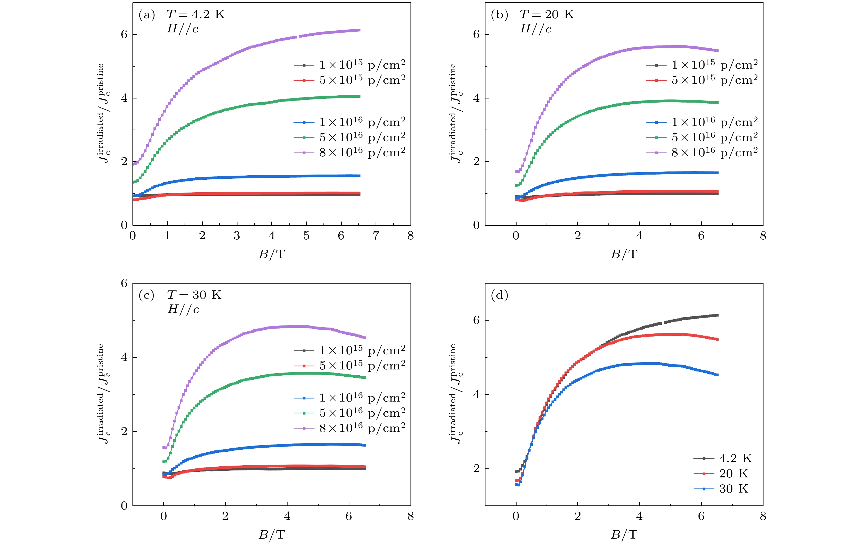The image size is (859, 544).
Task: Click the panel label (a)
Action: pyautogui.click(x=147, y=15)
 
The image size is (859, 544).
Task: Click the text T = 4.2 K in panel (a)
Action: pyautogui.click(x=195, y=14)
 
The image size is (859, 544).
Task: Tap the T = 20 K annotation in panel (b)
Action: pyautogui.click(x=547, y=14)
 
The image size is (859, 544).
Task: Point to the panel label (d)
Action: pyautogui.click(x=499, y=295)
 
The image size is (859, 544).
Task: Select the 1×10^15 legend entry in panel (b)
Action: pyautogui.click(x=702, y=65)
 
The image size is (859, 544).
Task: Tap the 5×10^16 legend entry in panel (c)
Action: pyautogui.click(x=350, y=413)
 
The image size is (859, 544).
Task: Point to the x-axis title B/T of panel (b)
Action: pyautogui.click(x=624, y=254)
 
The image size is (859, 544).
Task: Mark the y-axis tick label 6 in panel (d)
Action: pyautogui.click(x=476, y=320)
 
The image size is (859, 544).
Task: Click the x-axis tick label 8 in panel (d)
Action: pyautogui.click(x=763, y=516)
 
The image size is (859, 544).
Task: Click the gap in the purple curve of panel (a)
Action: pyautogui.click(x=298, y=37)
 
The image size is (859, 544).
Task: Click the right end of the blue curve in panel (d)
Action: pyautogui.click(x=717, y=375)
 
